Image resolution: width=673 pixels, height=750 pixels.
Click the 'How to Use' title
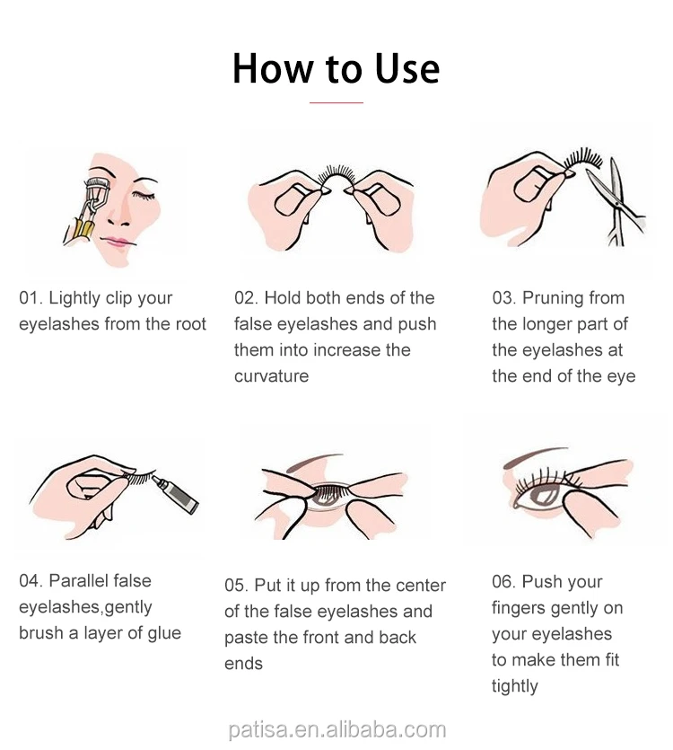point(336,68)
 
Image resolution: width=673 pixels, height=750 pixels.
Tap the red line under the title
point(336,102)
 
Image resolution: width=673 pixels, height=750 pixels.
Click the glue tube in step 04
point(176,495)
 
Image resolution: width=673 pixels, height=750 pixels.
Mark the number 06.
point(503,582)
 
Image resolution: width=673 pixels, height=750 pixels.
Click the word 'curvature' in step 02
point(272,376)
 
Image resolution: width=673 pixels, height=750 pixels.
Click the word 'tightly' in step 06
point(515,687)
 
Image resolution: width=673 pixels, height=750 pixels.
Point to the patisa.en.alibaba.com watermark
point(337,730)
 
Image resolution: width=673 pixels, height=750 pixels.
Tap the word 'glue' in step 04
point(164,634)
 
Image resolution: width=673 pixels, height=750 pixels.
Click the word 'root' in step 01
point(191,324)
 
